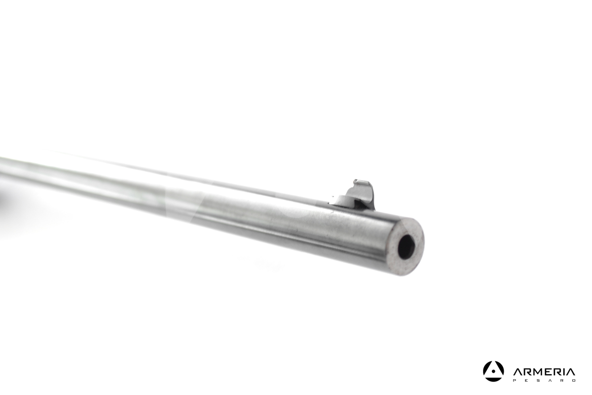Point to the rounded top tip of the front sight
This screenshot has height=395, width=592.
[x=358, y=181]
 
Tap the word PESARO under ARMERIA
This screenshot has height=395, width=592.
[x=544, y=381]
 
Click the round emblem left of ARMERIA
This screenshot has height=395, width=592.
[x=493, y=371]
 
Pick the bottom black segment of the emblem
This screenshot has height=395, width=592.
[x=493, y=379]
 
